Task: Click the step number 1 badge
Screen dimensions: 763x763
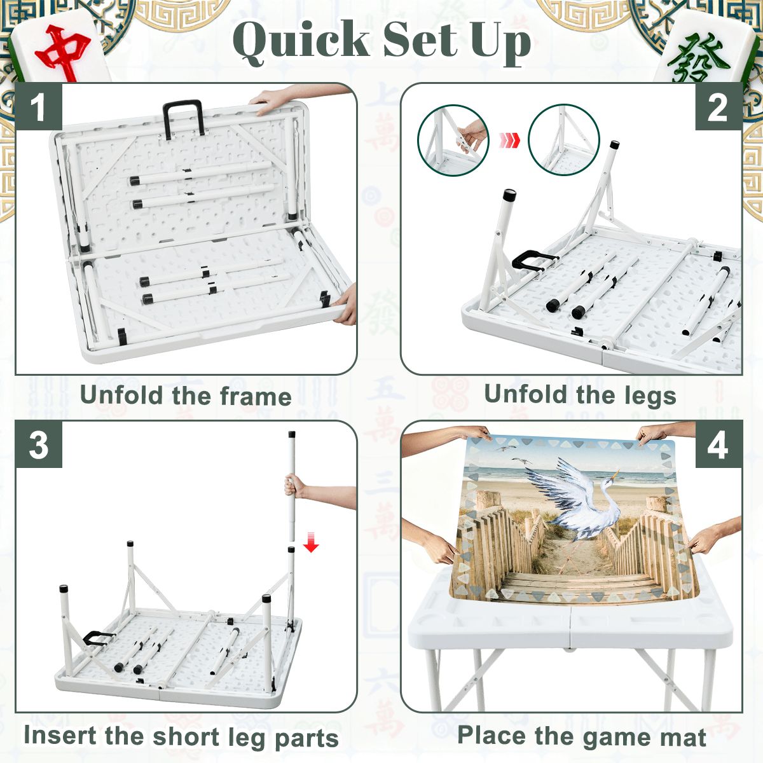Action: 38,106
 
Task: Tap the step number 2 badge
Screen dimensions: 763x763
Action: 718,106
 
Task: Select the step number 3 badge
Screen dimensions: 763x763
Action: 38,444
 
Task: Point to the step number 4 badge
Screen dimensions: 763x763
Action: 718,444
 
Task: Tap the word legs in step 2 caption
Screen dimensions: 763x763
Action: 649,395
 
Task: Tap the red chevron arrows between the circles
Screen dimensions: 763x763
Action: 509,139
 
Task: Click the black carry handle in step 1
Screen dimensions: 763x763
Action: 183,118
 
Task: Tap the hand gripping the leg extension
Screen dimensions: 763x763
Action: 294,486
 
